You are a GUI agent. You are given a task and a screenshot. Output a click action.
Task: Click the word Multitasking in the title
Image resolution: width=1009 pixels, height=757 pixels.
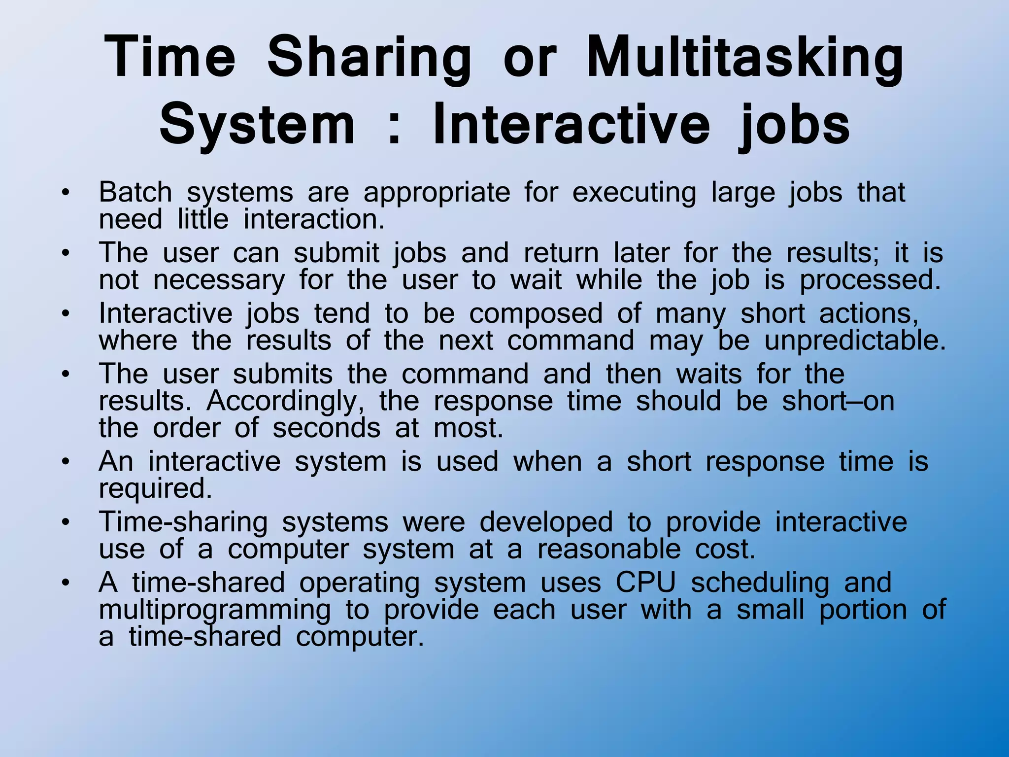(745, 58)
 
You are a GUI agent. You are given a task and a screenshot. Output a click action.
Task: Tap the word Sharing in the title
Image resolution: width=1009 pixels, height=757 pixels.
(369, 58)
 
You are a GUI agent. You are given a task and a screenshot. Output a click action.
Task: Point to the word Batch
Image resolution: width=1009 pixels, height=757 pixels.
(135, 192)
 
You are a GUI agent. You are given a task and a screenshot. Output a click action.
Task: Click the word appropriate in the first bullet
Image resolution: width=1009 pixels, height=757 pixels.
(437, 193)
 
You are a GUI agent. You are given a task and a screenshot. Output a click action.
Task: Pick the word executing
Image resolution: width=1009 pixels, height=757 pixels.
(634, 193)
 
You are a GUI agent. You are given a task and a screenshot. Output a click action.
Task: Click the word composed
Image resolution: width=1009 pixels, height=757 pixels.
(536, 314)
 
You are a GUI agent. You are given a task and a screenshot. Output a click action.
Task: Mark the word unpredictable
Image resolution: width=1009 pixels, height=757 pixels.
(855, 341)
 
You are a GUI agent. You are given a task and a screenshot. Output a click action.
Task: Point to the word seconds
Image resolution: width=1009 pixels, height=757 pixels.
(327, 428)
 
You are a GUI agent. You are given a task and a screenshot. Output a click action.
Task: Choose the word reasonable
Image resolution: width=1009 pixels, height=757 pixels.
(609, 549)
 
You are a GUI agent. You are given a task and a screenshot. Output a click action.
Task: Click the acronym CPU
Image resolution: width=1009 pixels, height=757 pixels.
(645, 583)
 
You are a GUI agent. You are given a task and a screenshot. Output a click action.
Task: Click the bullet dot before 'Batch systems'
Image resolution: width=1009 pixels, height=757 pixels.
(65, 193)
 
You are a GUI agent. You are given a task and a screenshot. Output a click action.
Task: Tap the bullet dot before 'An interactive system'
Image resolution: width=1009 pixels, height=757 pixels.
(65, 463)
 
